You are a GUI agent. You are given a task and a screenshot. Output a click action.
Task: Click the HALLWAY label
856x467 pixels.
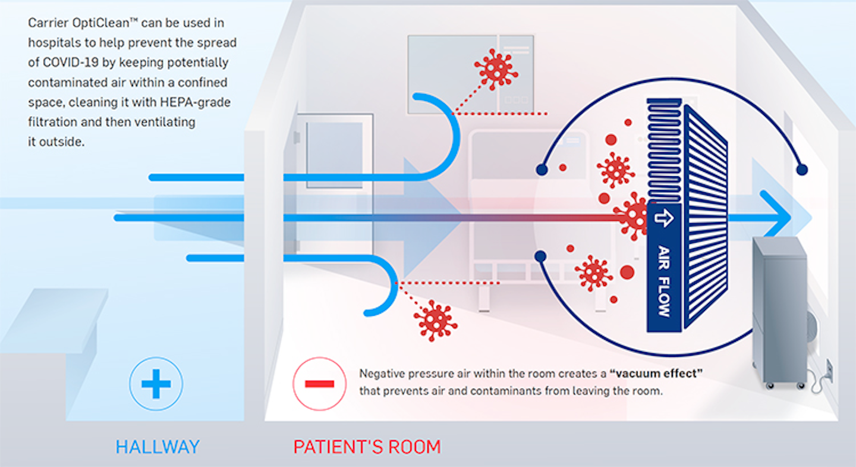[x=158, y=447]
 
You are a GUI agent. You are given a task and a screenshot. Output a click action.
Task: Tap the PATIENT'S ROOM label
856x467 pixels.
[x=367, y=447]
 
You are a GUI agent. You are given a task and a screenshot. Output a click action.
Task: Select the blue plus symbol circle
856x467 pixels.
[x=156, y=384]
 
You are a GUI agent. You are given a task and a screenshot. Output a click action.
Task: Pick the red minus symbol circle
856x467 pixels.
[x=320, y=384]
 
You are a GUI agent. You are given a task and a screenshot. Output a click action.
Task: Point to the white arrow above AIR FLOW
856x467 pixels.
[x=663, y=217]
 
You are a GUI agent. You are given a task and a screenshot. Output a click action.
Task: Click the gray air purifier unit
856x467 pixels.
[x=779, y=309]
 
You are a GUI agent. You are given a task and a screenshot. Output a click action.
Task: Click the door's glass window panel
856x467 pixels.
[x=334, y=155]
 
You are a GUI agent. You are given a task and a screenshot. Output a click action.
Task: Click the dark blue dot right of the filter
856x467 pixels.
[x=802, y=170]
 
